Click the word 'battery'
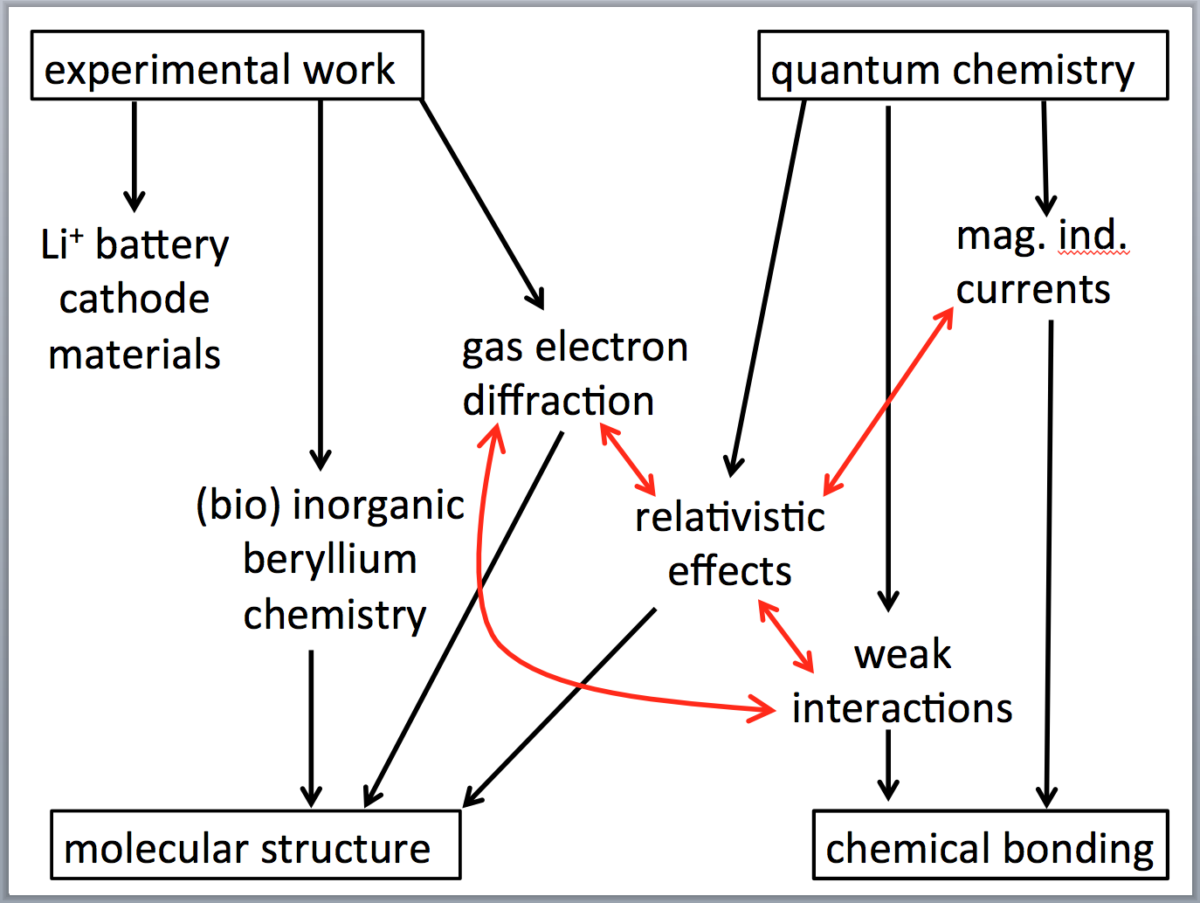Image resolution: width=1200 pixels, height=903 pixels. click(x=162, y=245)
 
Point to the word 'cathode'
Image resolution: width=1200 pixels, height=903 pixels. click(x=134, y=300)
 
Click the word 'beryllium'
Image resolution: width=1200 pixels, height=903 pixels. click(x=330, y=559)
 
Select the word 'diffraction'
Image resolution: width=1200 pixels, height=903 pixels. click(x=558, y=401)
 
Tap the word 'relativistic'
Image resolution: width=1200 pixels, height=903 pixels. click(x=730, y=517)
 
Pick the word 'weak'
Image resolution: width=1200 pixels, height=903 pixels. click(x=903, y=653)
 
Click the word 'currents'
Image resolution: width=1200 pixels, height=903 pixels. click(x=1033, y=289)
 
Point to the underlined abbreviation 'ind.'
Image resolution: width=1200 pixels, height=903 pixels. click(x=1093, y=235)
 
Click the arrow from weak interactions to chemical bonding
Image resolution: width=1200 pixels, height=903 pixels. click(x=888, y=763)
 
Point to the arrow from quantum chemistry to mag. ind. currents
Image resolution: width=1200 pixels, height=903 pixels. click(x=1045, y=157)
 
